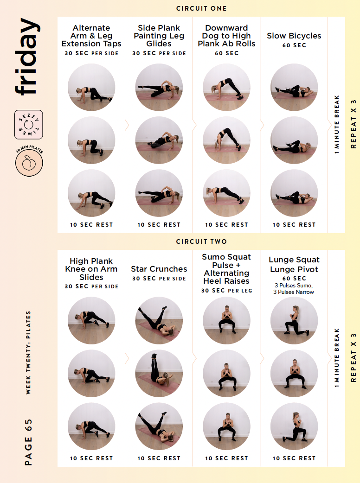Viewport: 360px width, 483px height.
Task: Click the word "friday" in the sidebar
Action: click(28, 57)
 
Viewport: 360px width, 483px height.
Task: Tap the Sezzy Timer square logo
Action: click(29, 124)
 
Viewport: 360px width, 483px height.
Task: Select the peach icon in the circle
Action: click(29, 162)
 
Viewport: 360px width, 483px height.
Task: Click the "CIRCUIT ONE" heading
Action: click(201, 9)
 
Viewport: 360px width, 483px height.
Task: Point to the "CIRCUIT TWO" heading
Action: click(201, 241)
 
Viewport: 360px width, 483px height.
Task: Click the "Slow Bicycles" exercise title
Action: click(294, 36)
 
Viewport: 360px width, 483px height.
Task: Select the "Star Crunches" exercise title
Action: click(159, 269)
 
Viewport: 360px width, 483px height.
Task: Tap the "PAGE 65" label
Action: click(28, 442)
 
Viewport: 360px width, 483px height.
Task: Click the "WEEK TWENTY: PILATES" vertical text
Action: click(28, 352)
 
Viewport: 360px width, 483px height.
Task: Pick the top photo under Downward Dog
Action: click(226, 87)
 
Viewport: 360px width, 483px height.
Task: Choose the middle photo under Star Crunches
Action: click(159, 373)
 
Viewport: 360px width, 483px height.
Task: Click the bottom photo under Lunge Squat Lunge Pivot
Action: click(294, 426)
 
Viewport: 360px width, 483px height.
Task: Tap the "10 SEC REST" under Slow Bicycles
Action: click(294, 225)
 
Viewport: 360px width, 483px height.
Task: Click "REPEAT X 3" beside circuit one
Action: click(353, 124)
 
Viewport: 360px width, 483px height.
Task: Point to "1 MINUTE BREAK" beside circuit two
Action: click(337, 358)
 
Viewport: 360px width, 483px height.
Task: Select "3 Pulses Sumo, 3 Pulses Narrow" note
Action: click(294, 289)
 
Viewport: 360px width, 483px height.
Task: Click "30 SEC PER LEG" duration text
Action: click(226, 291)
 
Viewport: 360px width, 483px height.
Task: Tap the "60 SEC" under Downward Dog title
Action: click(226, 53)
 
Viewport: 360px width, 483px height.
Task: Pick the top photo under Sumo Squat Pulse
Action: click(226, 320)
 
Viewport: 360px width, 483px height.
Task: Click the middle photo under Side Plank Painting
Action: click(159, 140)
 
